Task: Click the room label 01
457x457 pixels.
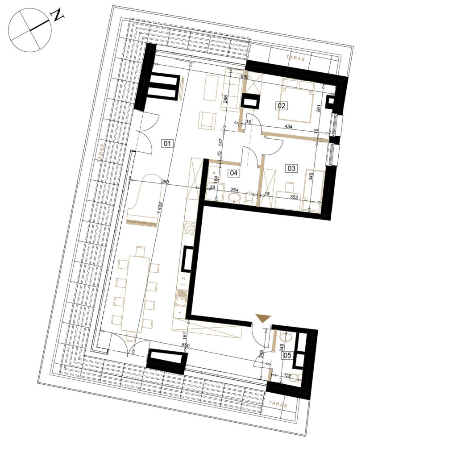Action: tap(167, 143)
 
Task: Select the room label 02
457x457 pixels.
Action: tap(282, 105)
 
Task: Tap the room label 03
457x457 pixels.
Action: tap(291, 168)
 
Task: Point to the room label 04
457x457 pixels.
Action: tap(234, 173)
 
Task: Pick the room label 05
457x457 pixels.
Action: tap(287, 355)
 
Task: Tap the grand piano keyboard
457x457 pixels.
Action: tap(141, 223)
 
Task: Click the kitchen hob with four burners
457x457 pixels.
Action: tap(190, 228)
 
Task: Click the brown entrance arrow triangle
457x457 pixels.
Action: tap(263, 318)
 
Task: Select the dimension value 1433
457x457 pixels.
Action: tap(160, 208)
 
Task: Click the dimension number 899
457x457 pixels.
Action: tap(245, 77)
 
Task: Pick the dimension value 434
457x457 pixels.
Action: tap(288, 127)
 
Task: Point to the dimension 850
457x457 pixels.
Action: tap(185, 345)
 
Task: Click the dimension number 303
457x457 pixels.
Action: tap(294, 197)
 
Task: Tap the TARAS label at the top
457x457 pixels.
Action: tap(295, 58)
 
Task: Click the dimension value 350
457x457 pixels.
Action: tap(165, 182)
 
